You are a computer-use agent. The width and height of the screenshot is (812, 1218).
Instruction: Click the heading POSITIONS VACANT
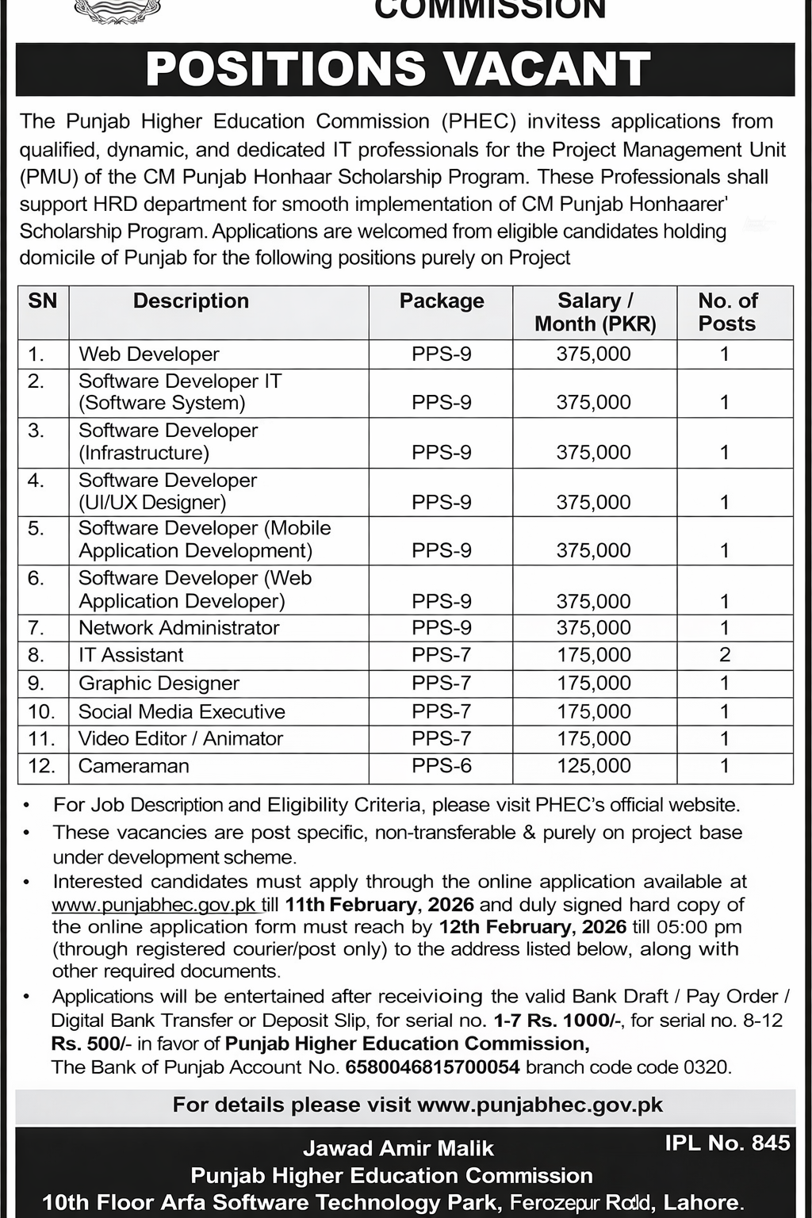tap(398, 69)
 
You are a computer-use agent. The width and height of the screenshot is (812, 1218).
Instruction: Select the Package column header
tap(442, 301)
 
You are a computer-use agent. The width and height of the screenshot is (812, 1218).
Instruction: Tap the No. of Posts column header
tap(727, 312)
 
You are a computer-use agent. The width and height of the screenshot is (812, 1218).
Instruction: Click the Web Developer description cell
tap(149, 354)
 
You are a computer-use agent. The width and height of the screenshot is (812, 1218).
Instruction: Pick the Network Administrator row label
tap(179, 628)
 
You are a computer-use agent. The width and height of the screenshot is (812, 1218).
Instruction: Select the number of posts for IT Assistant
tap(725, 655)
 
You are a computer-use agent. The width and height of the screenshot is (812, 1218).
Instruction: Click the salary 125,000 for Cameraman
tap(594, 766)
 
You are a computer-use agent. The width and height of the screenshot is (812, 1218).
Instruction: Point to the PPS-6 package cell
tap(442, 766)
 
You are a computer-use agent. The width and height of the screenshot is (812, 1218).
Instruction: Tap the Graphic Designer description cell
tap(159, 684)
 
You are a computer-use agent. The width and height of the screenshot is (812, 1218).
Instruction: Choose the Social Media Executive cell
tap(182, 711)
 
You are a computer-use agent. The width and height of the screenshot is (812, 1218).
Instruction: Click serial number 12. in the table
tap(41, 766)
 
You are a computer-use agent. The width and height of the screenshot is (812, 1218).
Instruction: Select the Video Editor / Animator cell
tap(181, 739)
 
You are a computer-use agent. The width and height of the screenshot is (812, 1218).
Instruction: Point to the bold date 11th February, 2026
tap(380, 905)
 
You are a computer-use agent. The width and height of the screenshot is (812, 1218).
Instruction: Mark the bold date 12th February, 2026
tap(531, 927)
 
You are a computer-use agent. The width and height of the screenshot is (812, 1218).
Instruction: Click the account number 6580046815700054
tap(432, 1067)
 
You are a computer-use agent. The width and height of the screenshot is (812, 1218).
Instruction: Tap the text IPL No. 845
tap(727, 1143)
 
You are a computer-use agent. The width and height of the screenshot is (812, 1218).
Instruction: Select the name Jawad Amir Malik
tap(398, 1148)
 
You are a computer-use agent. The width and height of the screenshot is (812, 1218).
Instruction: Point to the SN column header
tap(43, 301)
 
